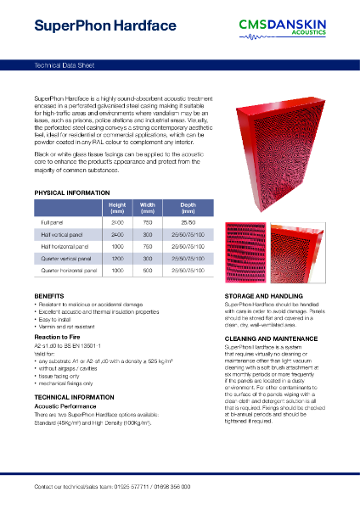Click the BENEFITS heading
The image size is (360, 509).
point(48,294)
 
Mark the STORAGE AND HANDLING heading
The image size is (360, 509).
point(263,294)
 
